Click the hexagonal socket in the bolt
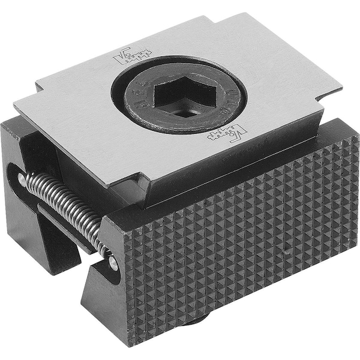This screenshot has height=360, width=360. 180,97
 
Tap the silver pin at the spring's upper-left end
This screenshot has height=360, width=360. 22,178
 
